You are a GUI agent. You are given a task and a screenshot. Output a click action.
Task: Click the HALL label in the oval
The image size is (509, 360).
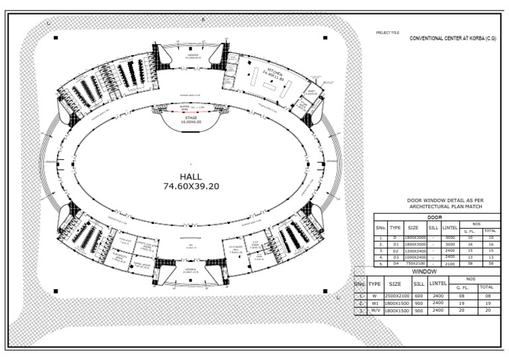coord(191,176)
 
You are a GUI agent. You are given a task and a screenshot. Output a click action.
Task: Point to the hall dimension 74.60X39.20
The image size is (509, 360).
coord(191,186)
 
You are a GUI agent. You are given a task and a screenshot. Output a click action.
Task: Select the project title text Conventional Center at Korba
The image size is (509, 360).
coord(453,39)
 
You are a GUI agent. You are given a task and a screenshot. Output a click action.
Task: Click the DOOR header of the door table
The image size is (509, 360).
coord(435,217)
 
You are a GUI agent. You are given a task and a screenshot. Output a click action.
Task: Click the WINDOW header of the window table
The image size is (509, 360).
coord(425,272)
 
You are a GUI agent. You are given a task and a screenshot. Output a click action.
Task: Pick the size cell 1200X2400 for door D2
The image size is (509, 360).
coord(413,251)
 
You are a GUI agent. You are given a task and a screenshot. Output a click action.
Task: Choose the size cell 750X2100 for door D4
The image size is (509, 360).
coord(413,263)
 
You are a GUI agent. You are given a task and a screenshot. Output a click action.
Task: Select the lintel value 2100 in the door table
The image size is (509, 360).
coord(450,263)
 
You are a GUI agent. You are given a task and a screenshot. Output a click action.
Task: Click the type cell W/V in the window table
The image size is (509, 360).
coord(375,310)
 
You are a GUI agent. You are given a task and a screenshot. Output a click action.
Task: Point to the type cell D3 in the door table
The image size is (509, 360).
coord(396,257)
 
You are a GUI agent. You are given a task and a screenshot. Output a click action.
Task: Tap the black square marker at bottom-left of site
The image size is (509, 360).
coord(56,290)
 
